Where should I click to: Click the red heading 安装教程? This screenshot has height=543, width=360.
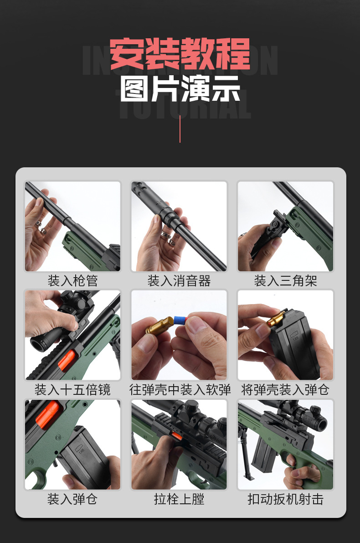[x=180, y=54]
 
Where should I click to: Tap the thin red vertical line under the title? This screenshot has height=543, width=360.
[x=180, y=129]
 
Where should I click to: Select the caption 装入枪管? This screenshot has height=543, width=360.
[x=72, y=280]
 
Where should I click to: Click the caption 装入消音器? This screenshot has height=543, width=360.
[x=179, y=280]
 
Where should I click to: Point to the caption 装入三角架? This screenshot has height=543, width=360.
[x=285, y=280]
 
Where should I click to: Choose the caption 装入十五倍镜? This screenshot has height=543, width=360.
[x=72, y=390]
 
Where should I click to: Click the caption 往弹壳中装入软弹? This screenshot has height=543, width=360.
[x=180, y=390]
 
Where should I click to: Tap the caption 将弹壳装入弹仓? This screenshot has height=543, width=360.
[x=285, y=390]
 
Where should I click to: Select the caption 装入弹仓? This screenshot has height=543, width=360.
[x=72, y=499]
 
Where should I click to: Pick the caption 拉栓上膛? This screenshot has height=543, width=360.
[x=179, y=499]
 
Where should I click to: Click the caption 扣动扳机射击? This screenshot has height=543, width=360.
[x=285, y=499]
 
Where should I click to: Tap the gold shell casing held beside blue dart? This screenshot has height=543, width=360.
[x=158, y=325]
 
